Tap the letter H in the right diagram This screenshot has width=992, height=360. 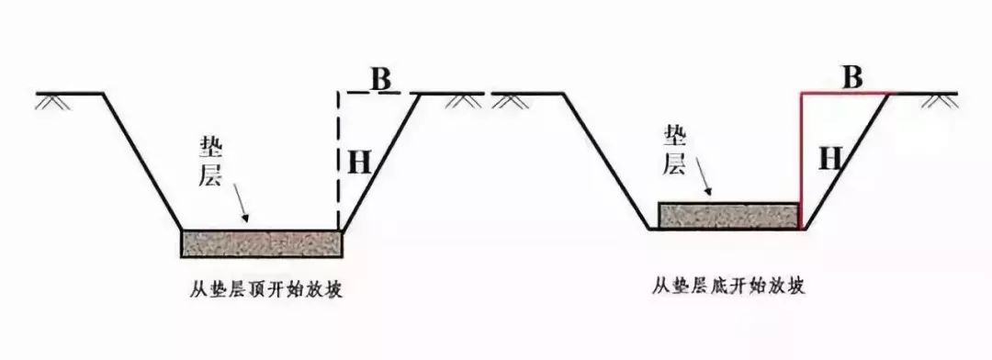(830, 159)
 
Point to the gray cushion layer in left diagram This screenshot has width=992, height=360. (262, 243)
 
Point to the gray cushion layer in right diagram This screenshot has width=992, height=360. (728, 215)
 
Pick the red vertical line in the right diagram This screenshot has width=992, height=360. (801, 161)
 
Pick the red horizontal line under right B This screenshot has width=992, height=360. (845, 93)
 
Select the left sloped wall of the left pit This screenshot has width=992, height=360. (142, 161)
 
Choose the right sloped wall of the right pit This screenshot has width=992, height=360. (850, 161)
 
